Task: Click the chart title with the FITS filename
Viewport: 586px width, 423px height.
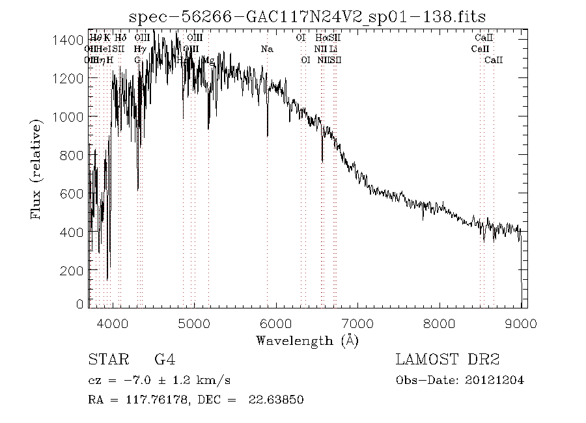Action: [307, 16]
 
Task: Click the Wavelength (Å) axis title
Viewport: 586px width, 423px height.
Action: [307, 340]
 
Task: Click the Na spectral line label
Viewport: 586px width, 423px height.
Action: [267, 49]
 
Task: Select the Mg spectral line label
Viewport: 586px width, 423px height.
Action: [209, 60]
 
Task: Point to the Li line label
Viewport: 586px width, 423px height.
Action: [333, 49]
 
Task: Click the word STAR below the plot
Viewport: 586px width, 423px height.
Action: [105, 359]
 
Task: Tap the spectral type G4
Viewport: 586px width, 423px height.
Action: [164, 359]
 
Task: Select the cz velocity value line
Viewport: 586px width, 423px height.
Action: [160, 380]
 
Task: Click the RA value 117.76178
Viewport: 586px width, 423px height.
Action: [154, 400]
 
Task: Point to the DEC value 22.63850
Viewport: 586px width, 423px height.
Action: [276, 400]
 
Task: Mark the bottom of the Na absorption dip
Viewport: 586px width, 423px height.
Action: [267, 136]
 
